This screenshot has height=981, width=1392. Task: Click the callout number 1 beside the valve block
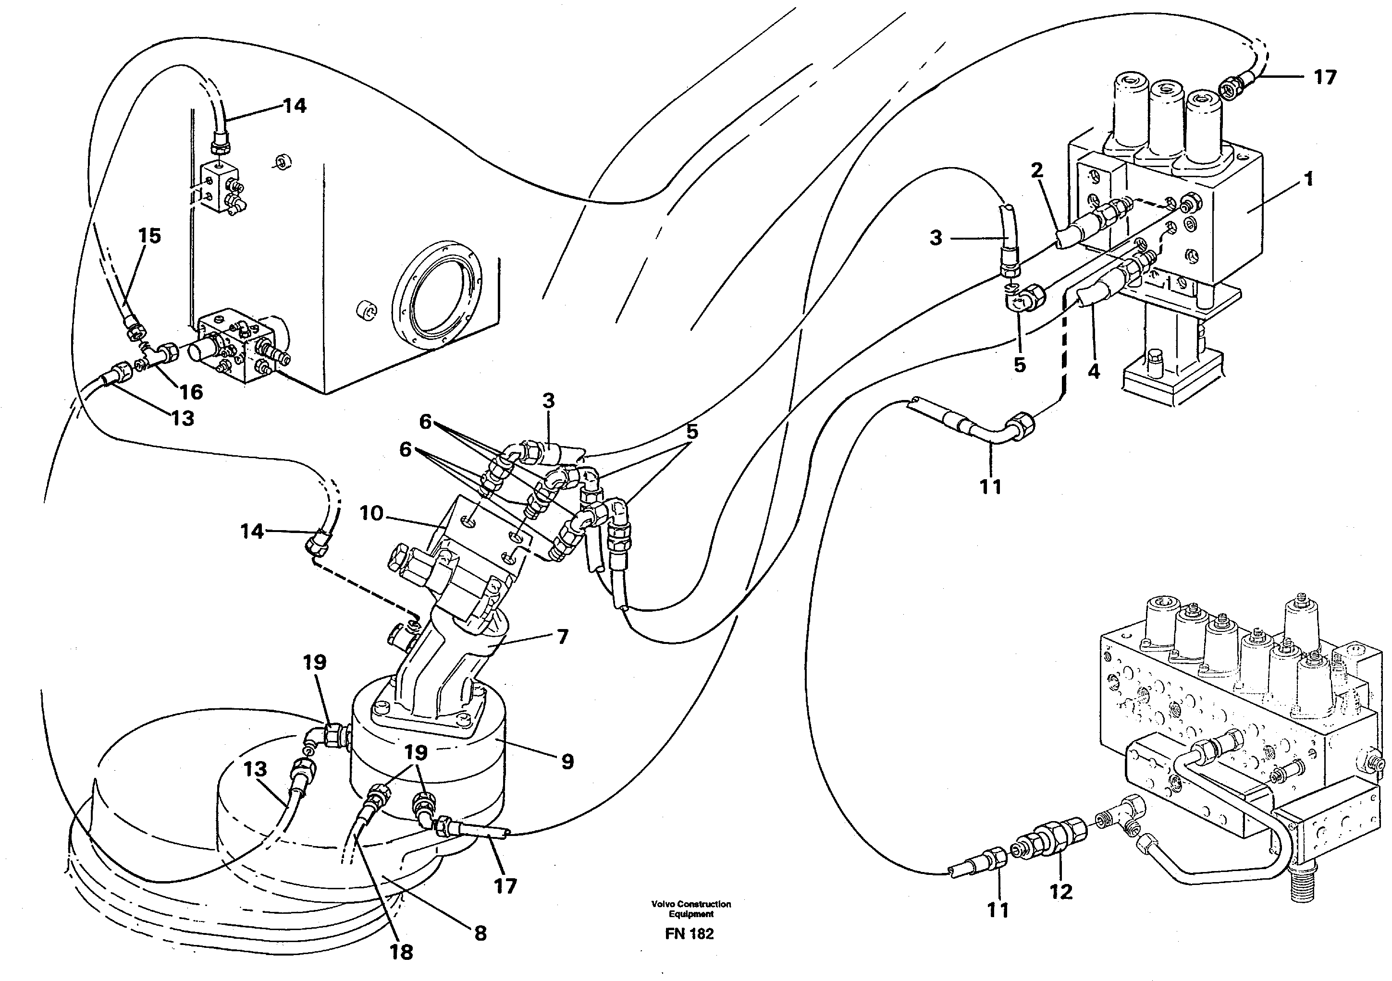point(1308,180)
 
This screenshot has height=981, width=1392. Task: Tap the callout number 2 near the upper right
point(1037,170)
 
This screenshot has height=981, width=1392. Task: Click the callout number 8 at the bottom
point(480,933)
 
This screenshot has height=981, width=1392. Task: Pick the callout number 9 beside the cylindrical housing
point(567,762)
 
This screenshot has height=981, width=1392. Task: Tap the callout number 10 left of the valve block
point(371,513)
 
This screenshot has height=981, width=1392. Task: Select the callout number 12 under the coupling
point(1061,891)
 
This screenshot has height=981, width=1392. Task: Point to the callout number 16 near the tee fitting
point(191,392)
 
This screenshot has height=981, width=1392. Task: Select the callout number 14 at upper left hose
point(295,106)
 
